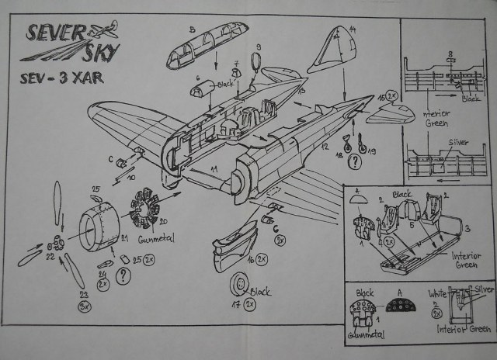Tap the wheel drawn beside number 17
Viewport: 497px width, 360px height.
coord(239,290)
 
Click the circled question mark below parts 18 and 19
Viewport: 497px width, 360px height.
coord(354,161)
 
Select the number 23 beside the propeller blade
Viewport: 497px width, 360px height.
coord(82,293)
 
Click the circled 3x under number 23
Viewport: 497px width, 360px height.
coord(84,306)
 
